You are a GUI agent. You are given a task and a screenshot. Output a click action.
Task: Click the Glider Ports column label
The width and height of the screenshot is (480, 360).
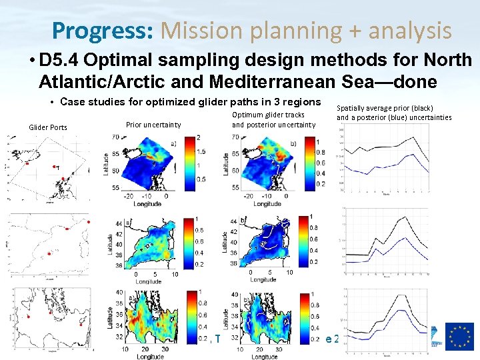47,127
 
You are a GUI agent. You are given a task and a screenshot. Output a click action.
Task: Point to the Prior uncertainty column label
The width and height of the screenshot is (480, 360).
153,125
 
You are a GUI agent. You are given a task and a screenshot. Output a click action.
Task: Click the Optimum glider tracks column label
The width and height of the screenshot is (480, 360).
267,115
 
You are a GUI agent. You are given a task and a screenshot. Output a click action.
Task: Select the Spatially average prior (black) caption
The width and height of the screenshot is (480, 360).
385,108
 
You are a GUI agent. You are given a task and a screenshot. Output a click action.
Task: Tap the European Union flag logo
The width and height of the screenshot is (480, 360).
459,336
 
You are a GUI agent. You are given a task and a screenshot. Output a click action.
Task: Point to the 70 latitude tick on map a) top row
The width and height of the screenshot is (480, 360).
115,137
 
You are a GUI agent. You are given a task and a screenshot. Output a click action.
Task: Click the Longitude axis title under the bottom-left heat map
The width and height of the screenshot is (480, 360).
150,357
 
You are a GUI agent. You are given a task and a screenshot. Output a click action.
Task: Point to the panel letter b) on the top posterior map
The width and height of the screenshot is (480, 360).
294,143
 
